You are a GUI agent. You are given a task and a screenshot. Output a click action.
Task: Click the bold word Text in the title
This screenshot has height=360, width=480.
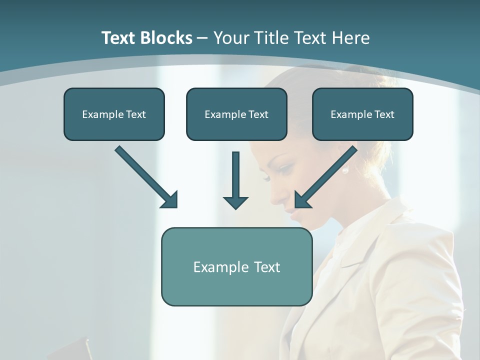tap(120, 38)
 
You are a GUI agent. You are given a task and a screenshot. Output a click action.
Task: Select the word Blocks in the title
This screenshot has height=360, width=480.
tap(167, 38)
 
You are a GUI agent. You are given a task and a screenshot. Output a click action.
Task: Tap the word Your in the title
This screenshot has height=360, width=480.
tap(233, 38)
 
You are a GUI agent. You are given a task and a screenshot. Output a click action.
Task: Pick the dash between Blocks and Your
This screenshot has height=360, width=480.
tap(202, 38)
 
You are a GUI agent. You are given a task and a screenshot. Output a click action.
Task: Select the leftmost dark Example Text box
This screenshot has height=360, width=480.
tap(114, 114)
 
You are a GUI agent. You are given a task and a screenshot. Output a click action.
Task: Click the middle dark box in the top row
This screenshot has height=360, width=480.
tap(236, 114)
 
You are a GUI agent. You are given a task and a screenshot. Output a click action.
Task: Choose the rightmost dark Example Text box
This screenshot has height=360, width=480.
tap(362, 114)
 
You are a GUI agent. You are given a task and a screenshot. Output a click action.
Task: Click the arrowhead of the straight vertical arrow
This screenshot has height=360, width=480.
tap(235, 202)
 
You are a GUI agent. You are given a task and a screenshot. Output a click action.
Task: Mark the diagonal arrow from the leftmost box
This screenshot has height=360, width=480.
tap(145, 176)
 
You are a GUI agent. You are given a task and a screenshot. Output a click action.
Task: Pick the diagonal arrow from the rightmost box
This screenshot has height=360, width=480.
tap(327, 176)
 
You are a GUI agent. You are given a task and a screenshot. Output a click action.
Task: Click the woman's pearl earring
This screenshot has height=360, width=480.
tap(344, 170)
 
